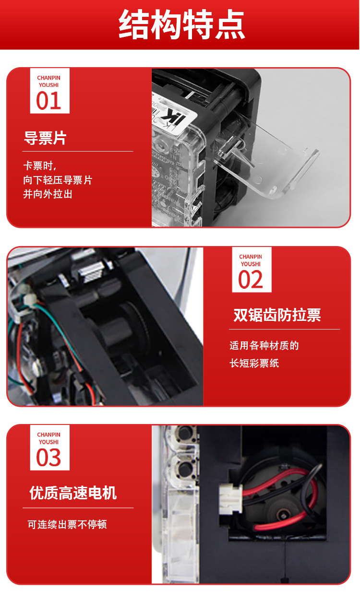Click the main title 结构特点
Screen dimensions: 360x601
click(182, 24)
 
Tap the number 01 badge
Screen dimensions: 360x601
click(49, 91)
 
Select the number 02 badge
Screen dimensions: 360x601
click(252, 270)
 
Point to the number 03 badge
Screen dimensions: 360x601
click(49, 448)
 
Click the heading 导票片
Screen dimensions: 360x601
click(45, 138)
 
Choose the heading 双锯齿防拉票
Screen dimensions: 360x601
click(277, 315)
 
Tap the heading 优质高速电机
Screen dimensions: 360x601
click(73, 493)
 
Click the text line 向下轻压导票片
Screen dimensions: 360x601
click(58, 180)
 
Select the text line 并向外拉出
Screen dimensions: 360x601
click(48, 194)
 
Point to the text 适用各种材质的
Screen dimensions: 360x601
click(264, 345)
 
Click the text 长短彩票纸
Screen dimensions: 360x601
click(254, 363)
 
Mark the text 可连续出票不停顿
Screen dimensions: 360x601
click(67, 524)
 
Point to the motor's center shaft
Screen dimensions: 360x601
click(282, 514)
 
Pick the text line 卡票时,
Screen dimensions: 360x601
click(40, 166)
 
